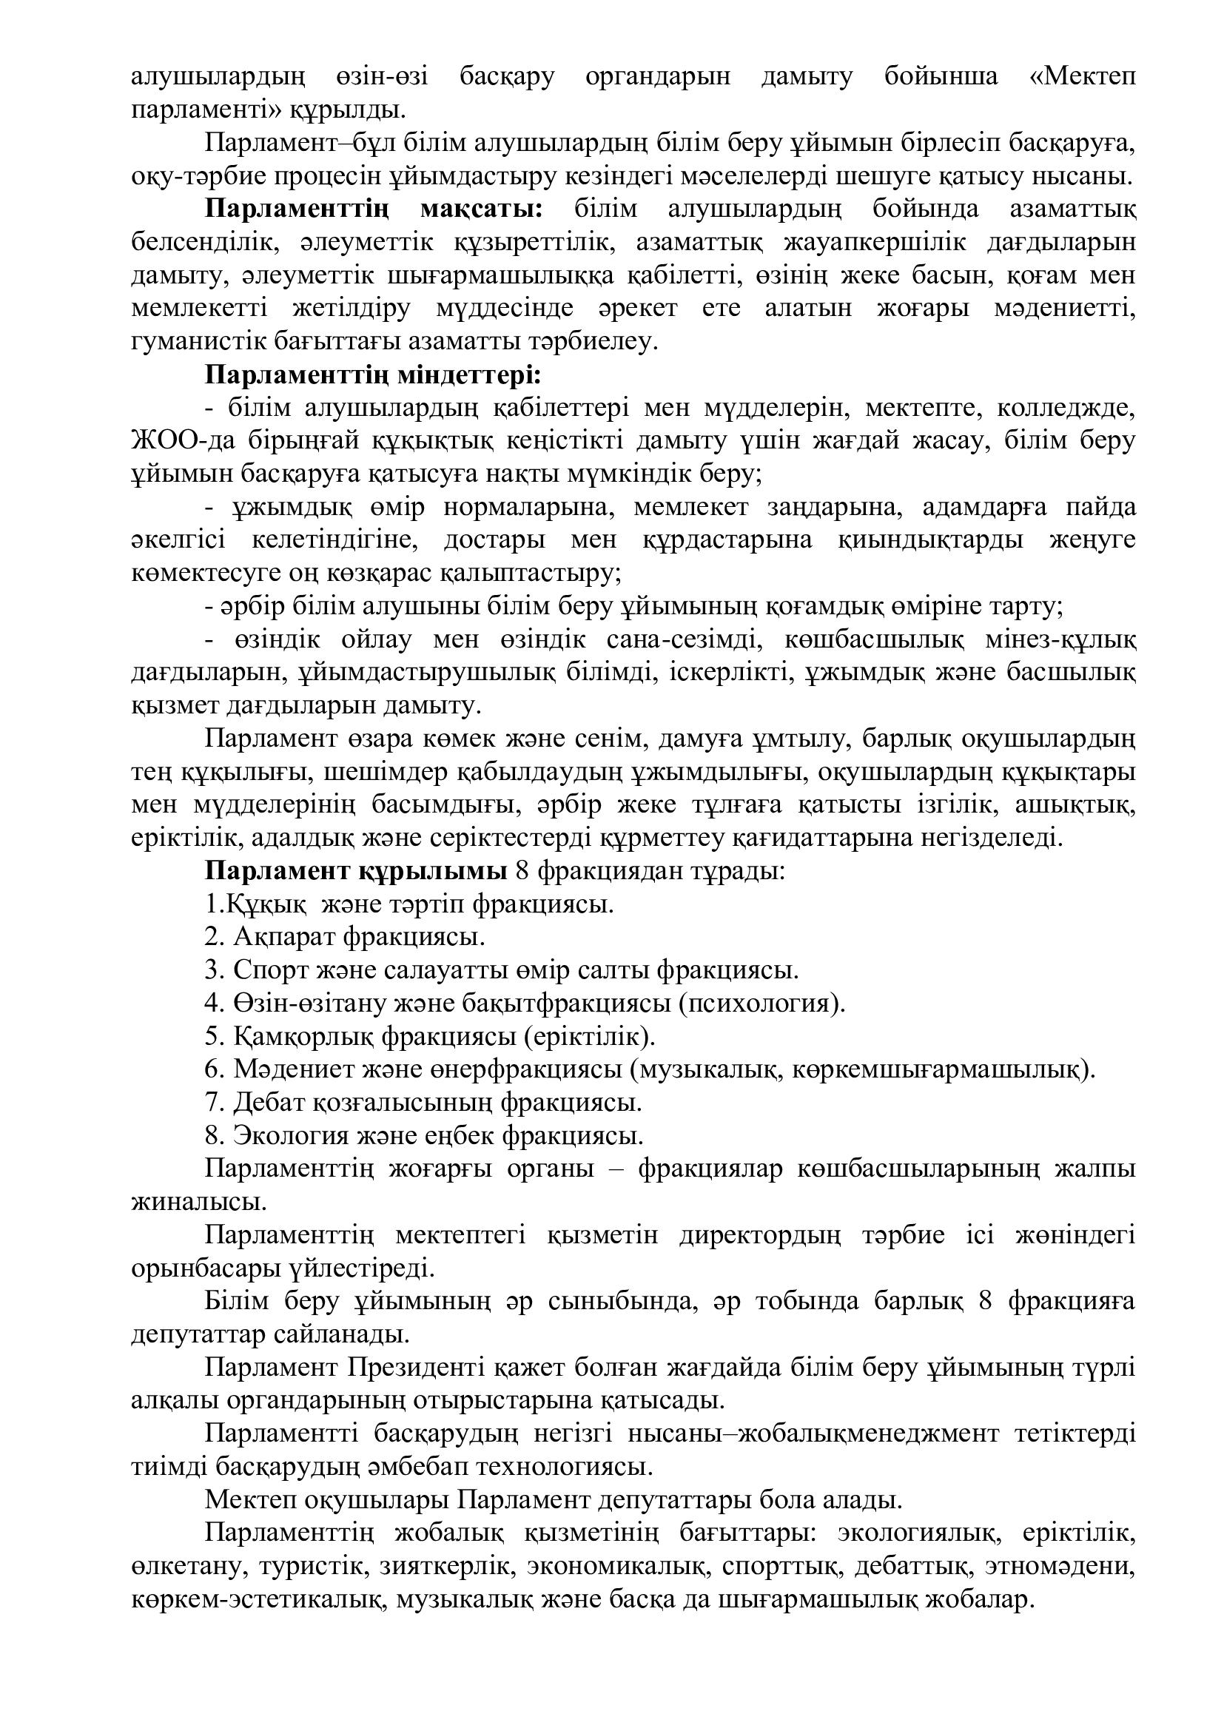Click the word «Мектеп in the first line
1083,76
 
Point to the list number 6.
212,1070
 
